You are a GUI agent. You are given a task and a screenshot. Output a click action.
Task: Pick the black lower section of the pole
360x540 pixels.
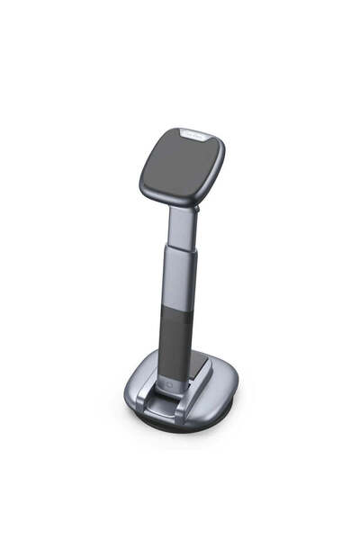click(x=175, y=337)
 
